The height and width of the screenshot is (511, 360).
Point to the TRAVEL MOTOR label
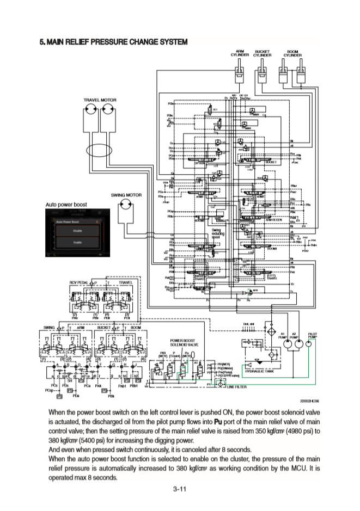100,100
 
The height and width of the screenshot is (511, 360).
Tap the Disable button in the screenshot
78,231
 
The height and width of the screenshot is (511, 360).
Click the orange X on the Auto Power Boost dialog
96,221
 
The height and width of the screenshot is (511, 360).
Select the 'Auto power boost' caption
66,205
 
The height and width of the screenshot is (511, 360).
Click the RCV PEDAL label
79,283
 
